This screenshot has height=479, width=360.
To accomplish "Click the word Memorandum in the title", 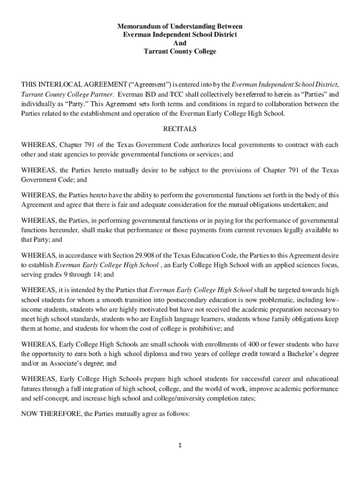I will click(137, 26).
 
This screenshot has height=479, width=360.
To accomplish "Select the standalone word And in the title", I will click(180, 43).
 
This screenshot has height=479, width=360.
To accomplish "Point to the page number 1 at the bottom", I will click(180, 445).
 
